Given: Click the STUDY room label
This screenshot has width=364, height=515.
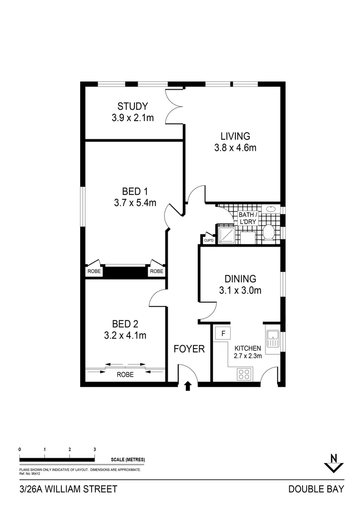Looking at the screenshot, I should click(132, 106).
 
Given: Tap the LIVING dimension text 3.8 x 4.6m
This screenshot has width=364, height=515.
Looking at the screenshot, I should click(235, 148).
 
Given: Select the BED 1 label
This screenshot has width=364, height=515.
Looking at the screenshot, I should click(131, 191).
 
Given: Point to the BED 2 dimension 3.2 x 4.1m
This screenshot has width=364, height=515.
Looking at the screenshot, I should click(125, 335).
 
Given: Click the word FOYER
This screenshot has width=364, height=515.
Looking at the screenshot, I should click(189, 349).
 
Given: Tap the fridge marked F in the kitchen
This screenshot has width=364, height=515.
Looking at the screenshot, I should click(222, 332).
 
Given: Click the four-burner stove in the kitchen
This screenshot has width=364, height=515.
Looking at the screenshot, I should click(244, 374).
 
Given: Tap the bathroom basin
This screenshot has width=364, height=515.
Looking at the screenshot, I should click(271, 209).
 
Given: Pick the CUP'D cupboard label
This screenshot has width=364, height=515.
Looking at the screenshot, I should click(209, 241).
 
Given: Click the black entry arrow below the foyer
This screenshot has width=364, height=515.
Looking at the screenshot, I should click(187, 386).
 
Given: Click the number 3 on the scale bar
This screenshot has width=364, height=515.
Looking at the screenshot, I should click(95, 449).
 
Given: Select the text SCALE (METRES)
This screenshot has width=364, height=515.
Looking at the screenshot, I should click(128, 460).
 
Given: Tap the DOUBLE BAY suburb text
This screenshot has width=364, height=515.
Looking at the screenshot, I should click(316, 489).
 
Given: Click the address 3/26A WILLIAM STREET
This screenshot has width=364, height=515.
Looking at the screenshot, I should click(68, 489).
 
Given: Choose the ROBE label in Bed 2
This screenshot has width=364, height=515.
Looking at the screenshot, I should click(125, 375).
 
